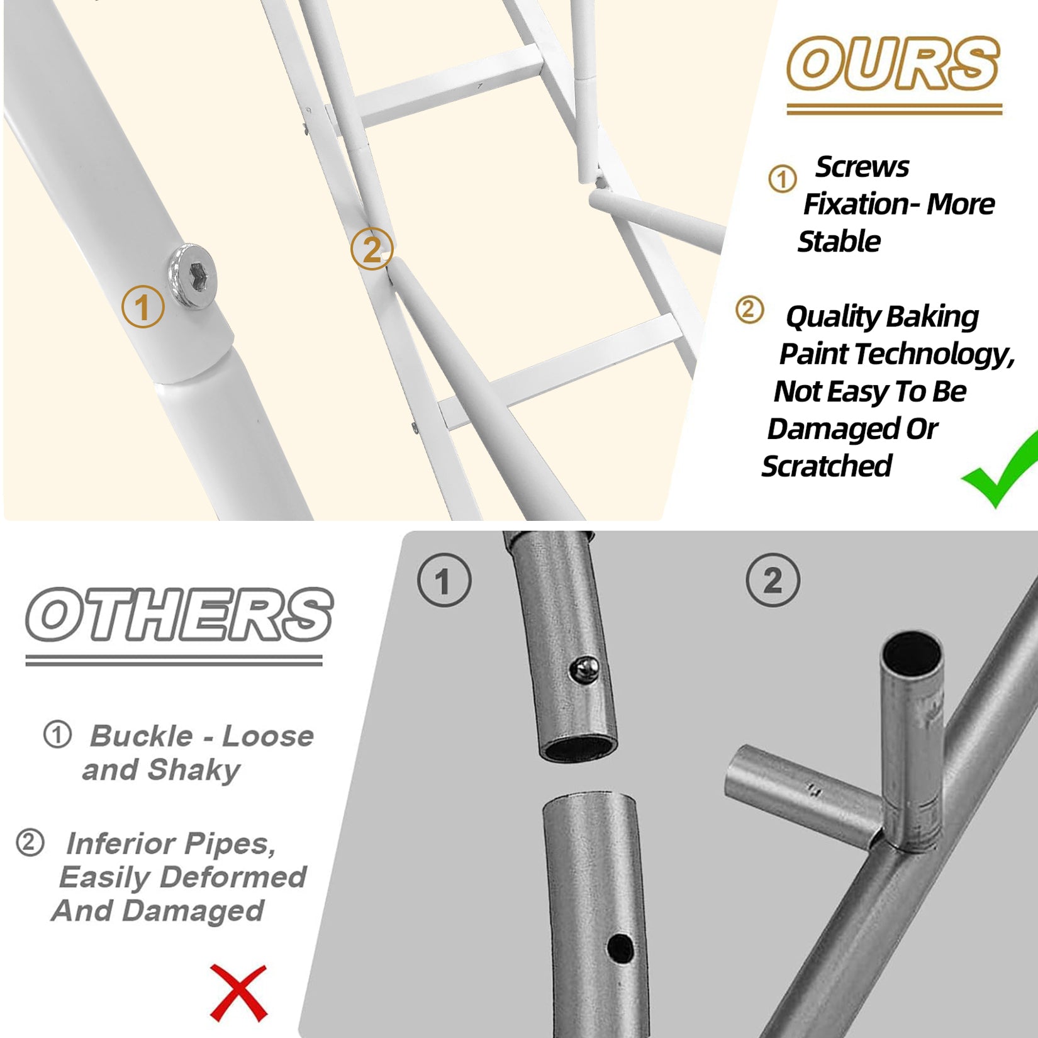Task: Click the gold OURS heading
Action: click(x=893, y=64)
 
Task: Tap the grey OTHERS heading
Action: click(x=179, y=615)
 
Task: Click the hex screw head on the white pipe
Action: click(x=193, y=276)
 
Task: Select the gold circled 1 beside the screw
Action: click(x=143, y=306)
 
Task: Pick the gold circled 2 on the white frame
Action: click(x=372, y=248)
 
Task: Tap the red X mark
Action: click(x=239, y=993)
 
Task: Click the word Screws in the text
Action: click(x=862, y=167)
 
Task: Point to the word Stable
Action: click(x=839, y=242)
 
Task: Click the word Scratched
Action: click(x=827, y=466)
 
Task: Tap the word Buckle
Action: click(x=142, y=735)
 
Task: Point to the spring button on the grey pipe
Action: click(x=584, y=669)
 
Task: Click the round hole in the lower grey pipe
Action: click(x=620, y=948)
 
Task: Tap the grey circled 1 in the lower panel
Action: click(x=444, y=580)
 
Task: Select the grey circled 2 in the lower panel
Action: click(x=773, y=580)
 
